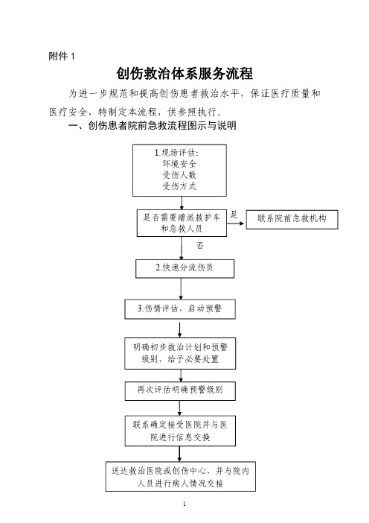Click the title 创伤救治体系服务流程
pos(184,73)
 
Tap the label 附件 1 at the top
pos(62,56)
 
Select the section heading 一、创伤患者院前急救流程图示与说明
pos(153,125)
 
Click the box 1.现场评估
pos(179,170)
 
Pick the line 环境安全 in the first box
pos(179,164)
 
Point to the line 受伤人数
pos(179,175)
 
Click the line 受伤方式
pos(179,186)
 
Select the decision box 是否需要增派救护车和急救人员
pos(182,224)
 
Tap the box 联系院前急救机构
pos(292,219)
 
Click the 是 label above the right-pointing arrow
pos(234,215)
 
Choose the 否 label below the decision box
pos(199,246)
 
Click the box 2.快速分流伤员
pos(184,268)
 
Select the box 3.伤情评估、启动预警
pos(180,309)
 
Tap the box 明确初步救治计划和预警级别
pos(180,353)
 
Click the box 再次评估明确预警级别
pos(180,391)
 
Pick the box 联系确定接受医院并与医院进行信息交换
pos(180,431)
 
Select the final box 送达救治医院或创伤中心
pos(181,477)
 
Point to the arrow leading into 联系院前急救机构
pos(236,224)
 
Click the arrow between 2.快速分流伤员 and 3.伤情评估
pos(181,289)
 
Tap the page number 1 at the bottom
pos(184,504)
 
